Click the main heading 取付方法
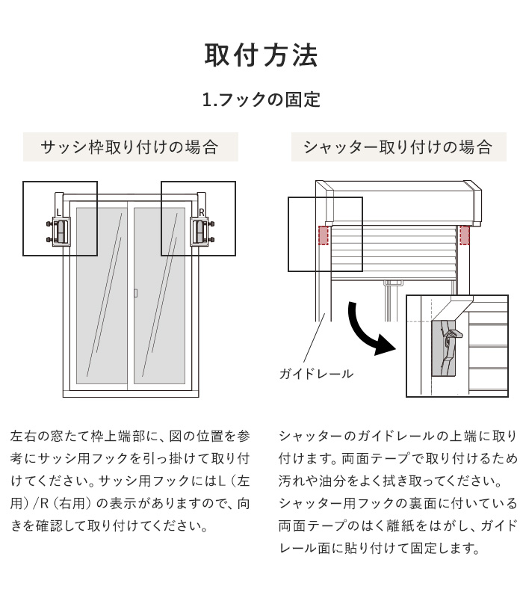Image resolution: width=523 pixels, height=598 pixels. click(261, 57)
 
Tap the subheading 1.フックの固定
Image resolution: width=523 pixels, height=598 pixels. click(261, 99)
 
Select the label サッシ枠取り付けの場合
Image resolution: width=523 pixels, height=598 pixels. click(130, 147)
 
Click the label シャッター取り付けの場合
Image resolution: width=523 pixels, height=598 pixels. click(397, 147)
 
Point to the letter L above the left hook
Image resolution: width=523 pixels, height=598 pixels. click(59, 212)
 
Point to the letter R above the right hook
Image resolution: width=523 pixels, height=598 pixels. click(200, 212)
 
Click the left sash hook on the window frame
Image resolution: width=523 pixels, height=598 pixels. click(60, 232)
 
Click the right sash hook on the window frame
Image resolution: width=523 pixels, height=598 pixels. click(199, 232)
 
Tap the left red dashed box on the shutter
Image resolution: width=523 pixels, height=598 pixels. click(323, 235)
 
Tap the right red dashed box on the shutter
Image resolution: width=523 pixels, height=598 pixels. click(465, 235)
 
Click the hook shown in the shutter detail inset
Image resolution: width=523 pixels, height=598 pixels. click(448, 348)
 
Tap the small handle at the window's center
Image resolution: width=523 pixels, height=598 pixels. click(134, 293)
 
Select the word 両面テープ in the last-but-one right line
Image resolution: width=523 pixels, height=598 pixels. click(306, 525)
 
